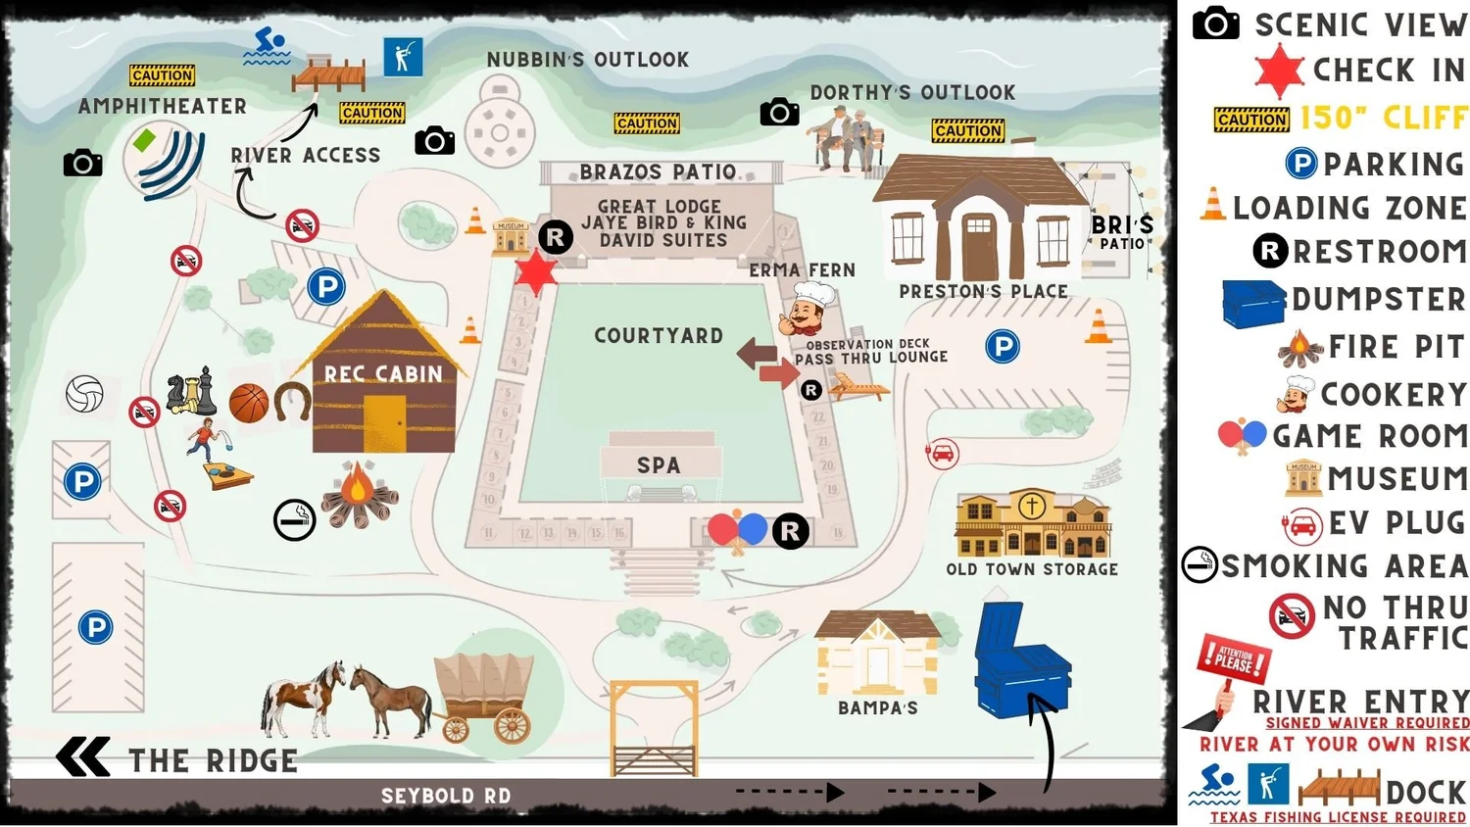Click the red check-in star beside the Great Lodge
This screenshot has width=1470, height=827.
click(536, 272)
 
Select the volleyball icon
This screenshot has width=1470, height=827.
click(84, 393)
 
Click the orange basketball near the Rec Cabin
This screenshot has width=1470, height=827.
click(249, 403)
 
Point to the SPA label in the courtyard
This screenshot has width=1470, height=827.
click(659, 465)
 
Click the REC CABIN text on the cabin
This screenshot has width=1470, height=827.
click(383, 374)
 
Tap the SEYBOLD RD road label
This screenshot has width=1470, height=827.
click(446, 796)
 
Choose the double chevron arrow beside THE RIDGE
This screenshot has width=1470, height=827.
click(83, 757)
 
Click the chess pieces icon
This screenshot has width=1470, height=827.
click(191, 392)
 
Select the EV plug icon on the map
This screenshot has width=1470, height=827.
click(942, 454)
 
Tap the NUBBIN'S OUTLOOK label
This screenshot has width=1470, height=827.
click(588, 60)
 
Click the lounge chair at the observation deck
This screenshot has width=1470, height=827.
click(858, 388)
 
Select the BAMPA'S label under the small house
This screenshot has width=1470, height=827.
click(877, 707)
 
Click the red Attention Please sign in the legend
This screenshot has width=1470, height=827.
click(1233, 659)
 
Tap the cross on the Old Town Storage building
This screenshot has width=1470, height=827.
click(1031, 506)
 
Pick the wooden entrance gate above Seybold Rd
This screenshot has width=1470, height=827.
click(654, 730)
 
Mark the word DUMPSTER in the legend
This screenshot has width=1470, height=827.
click(1378, 299)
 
